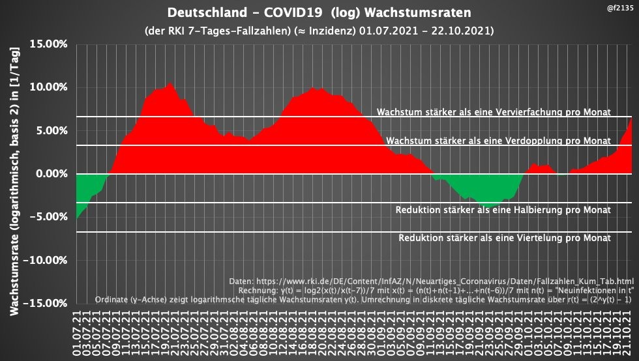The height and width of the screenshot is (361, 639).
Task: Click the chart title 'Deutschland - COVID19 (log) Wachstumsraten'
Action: point(319,13)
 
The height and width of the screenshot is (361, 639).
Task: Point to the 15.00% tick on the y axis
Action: point(48,44)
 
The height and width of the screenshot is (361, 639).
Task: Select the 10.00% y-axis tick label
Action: point(48,87)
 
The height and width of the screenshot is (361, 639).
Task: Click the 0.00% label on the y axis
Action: point(52,174)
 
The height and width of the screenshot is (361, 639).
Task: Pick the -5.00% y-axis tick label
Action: point(50,217)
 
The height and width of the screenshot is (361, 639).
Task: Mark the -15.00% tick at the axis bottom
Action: point(47,304)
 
